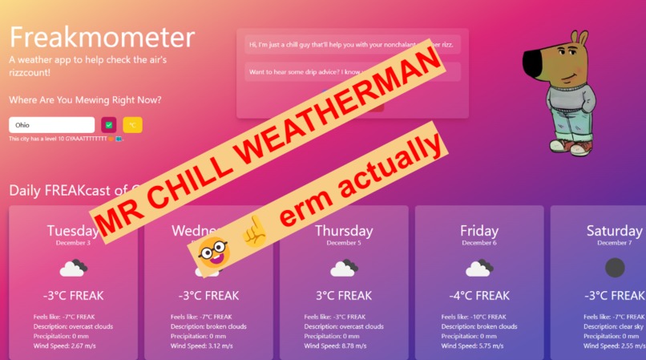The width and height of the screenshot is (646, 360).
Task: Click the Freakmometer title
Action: pos(102,37)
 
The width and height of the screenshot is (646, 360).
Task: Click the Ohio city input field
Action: pos(51,125)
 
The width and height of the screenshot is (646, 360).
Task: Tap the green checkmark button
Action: pos(109,125)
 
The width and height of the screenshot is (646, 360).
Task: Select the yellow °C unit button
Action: pos(132,125)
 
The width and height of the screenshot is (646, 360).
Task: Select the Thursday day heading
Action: pos(343,231)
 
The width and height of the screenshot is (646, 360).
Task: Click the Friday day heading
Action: pos(478,231)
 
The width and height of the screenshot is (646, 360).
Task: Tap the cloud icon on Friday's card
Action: pos(478,268)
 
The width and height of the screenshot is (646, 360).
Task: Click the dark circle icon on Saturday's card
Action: pos(614,268)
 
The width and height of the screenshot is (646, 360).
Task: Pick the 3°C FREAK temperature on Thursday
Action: pos(343,296)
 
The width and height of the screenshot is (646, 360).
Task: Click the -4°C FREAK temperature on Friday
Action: pos(478,296)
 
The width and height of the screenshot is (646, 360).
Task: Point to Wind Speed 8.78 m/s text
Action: pos(344,346)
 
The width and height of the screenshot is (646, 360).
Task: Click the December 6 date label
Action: pos(478,242)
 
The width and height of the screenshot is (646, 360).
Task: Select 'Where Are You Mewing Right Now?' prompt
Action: pos(85,100)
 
